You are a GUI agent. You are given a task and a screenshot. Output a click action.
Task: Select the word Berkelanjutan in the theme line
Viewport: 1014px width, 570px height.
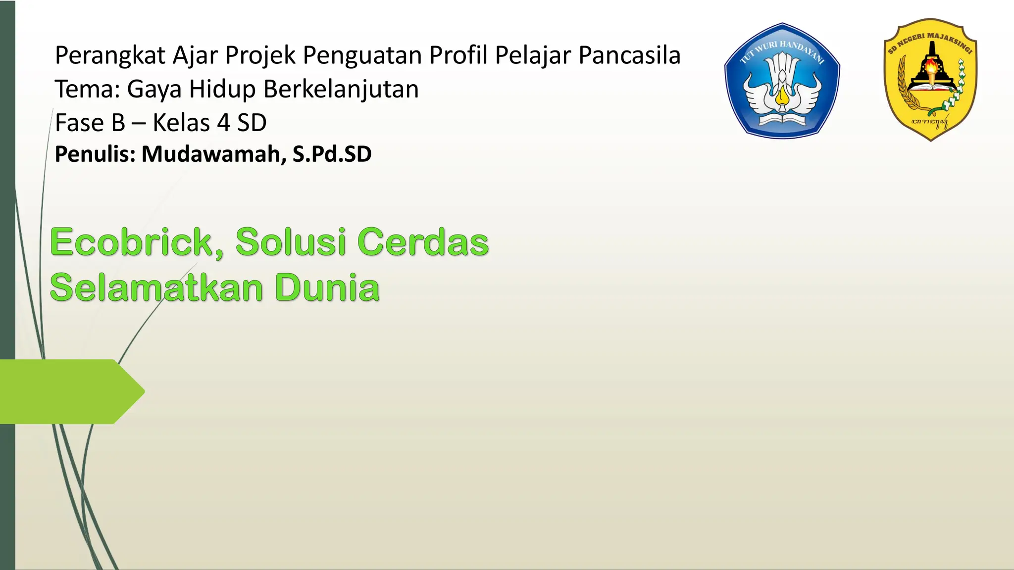pos(341,90)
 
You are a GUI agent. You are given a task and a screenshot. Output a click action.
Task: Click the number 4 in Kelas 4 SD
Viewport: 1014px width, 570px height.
pos(224,123)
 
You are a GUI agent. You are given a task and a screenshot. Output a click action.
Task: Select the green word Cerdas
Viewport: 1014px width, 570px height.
pos(423,242)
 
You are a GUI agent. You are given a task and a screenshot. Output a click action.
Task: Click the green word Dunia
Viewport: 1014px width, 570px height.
pos(327,287)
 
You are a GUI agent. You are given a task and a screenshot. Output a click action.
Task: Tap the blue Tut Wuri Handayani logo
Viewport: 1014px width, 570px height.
pos(782,81)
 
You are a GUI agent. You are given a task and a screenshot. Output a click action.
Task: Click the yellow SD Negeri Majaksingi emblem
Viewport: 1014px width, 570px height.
pos(930,79)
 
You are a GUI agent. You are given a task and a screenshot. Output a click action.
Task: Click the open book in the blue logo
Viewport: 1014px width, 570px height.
pos(782,120)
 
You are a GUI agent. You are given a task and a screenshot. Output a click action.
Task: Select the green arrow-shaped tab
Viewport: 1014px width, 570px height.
pos(69,391)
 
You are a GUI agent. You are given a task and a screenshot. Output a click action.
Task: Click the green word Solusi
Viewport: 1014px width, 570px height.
pos(291,242)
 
